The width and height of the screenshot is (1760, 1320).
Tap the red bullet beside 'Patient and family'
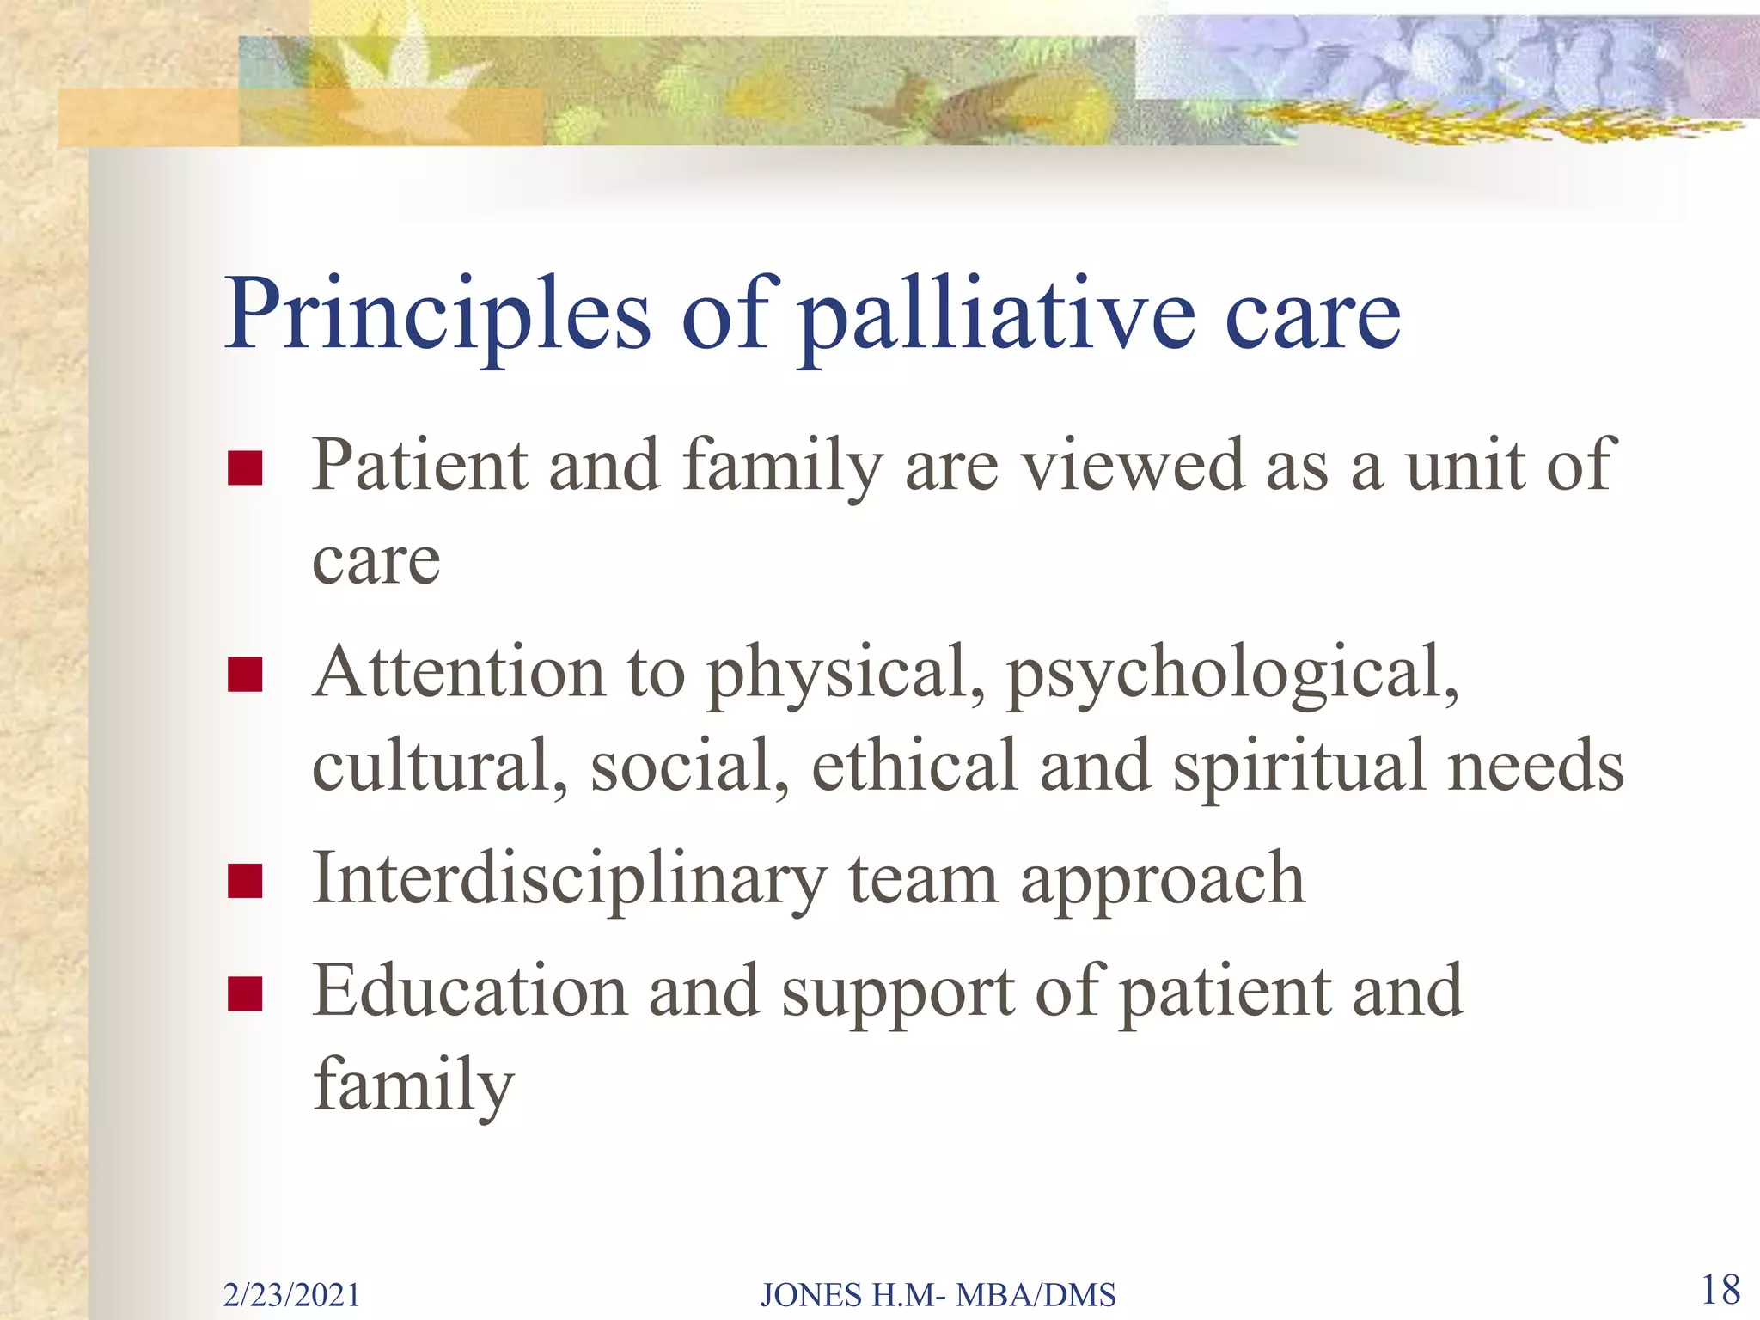[245, 468]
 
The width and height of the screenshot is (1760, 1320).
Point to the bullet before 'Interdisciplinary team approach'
[245, 881]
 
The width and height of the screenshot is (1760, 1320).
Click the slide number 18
[1720, 1290]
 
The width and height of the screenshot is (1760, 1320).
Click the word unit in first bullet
[1464, 466]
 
